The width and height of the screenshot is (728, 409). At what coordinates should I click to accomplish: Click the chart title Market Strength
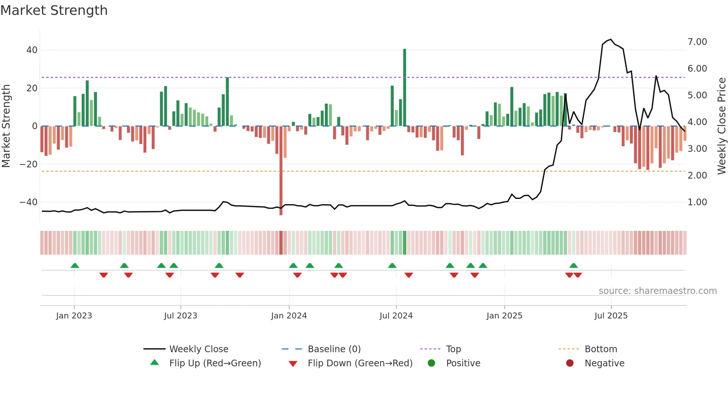tap(54, 10)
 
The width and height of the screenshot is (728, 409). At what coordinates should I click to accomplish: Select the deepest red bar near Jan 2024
tap(281, 171)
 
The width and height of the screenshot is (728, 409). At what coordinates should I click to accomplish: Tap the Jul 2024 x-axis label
tap(396, 316)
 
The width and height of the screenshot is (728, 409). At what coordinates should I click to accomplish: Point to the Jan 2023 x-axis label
tap(74, 316)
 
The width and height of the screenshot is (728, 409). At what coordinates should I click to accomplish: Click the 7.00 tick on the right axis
tap(697, 42)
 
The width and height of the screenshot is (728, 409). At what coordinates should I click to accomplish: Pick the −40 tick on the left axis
tap(29, 202)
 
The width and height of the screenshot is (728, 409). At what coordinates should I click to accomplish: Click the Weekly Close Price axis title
tap(721, 126)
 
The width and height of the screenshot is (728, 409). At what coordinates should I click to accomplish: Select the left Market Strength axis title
tap(6, 126)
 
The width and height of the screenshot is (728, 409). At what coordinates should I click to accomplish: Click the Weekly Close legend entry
tap(199, 349)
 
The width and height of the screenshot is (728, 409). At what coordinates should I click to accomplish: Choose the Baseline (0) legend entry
tap(334, 349)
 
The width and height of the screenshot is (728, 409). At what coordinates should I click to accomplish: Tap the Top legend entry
tap(453, 349)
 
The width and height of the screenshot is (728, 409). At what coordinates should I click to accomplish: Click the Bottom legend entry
tap(601, 349)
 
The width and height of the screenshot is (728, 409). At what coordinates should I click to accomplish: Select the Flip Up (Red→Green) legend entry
tap(215, 363)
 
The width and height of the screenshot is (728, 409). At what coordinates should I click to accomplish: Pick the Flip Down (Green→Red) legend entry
tap(360, 363)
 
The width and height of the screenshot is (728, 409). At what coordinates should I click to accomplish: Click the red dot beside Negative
tap(570, 363)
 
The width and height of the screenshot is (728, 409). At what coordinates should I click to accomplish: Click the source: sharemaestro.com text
tap(657, 291)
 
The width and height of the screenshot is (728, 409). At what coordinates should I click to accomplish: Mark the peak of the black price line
tap(611, 39)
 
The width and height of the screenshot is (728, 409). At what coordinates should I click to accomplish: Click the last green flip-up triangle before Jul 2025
tap(573, 266)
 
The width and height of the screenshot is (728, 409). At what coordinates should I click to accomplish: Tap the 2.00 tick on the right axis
tap(697, 176)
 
